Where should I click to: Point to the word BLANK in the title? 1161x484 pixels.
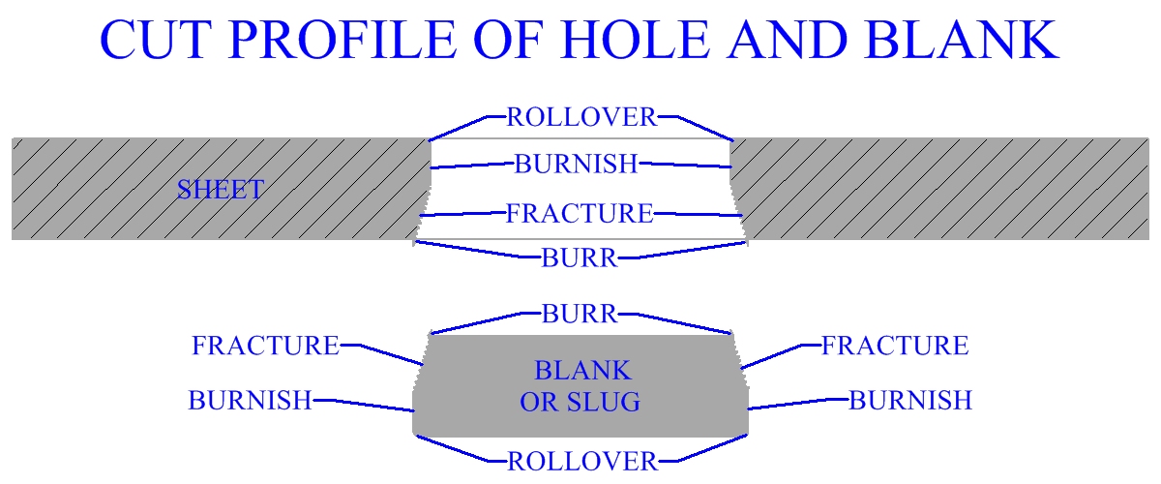click(962, 42)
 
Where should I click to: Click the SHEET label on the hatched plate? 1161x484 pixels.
click(220, 190)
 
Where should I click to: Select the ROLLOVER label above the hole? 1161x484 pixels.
click(581, 118)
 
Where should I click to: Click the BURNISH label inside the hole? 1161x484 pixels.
click(577, 165)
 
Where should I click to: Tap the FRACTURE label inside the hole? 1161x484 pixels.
click(580, 213)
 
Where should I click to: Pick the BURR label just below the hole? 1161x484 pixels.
click(579, 257)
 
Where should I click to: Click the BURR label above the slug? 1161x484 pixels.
click(579, 314)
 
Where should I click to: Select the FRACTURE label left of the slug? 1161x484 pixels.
click(265, 346)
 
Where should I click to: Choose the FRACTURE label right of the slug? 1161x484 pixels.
click(894, 346)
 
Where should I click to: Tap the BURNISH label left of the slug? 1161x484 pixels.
click(250, 401)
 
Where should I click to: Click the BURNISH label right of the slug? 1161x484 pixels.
click(909, 401)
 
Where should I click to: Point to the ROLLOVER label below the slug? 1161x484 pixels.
click(581, 462)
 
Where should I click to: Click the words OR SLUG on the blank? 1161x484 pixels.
click(580, 403)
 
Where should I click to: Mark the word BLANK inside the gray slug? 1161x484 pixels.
click(581, 371)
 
